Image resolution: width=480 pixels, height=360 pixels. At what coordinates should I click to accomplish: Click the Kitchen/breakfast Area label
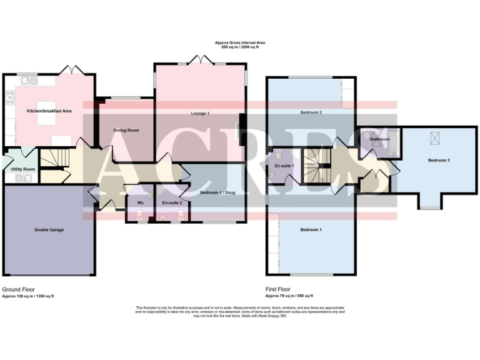tap(49, 111)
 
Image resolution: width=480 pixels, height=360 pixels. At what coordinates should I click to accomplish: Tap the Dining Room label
tap(126, 131)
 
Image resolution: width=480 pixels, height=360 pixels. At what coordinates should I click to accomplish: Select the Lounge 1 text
tap(200, 113)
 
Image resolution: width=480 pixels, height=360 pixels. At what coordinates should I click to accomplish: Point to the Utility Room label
tap(21, 169)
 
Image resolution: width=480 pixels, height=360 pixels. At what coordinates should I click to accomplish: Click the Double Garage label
tap(49, 230)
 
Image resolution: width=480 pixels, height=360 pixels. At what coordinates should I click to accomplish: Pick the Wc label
tap(141, 203)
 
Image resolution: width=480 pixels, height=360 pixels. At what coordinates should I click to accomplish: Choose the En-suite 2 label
tap(172, 203)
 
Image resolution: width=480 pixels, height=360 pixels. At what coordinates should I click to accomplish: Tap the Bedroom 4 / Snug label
tap(217, 192)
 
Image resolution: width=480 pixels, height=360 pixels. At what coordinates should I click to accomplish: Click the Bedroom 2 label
tap(311, 112)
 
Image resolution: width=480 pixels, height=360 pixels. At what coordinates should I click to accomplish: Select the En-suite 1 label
tap(284, 166)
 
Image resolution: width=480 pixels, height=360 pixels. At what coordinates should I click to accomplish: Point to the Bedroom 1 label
tap(311, 230)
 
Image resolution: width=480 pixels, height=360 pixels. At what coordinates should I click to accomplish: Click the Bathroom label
tap(379, 139)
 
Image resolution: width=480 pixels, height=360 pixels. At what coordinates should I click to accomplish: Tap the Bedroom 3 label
tap(439, 161)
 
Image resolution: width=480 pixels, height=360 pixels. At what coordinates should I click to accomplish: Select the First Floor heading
tap(278, 289)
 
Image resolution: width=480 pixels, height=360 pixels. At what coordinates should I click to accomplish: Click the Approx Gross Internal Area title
tap(240, 42)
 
